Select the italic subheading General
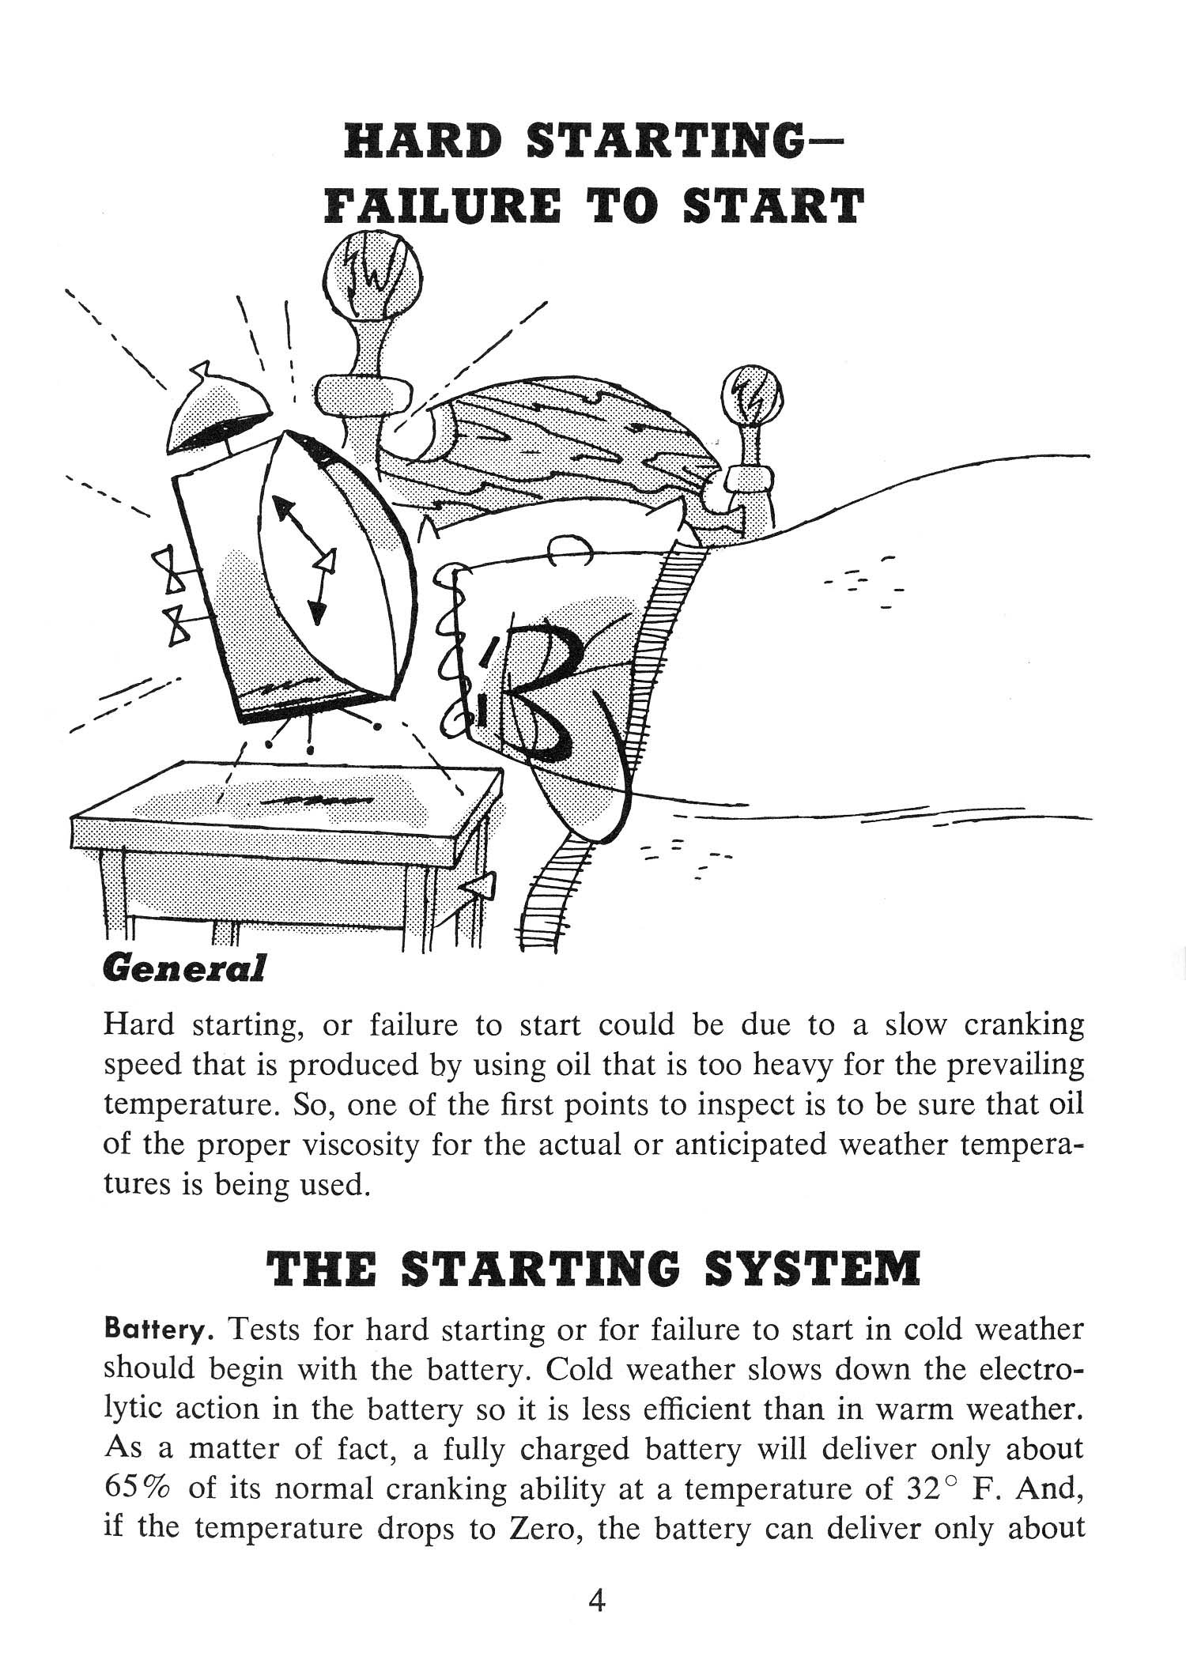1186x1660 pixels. [x=183, y=968]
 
